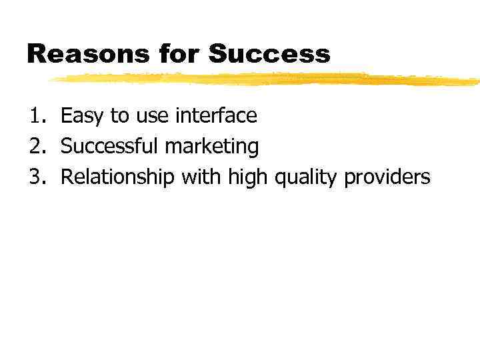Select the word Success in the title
[x=269, y=54]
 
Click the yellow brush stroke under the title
[x=267, y=79]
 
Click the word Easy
[x=83, y=117]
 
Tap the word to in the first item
[x=119, y=117]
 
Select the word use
[x=152, y=117]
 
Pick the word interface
[x=215, y=116]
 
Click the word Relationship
[x=117, y=178]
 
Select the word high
[x=246, y=178]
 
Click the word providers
[x=387, y=178]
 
